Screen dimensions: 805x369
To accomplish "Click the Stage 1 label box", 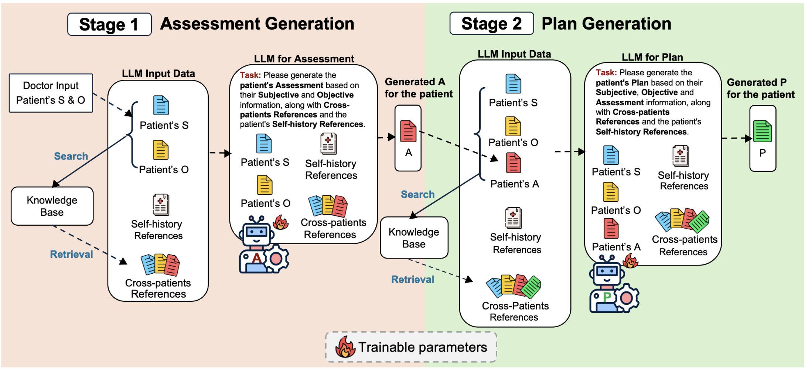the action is [x=109, y=24].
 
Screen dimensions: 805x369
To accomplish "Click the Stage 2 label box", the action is [x=491, y=24].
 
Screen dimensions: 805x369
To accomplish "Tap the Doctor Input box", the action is [x=51, y=93].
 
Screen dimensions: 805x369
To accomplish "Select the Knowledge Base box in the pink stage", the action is [x=52, y=206].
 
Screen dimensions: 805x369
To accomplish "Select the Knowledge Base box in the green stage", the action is [x=414, y=238].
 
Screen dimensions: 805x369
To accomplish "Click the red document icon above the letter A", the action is [x=408, y=131].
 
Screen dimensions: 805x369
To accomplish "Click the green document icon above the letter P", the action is [x=763, y=131].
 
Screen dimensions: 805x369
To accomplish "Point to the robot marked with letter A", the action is [x=263, y=245].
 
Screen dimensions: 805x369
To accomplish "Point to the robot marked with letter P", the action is [x=614, y=284].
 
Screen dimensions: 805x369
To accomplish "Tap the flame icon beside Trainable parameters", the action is [x=345, y=347].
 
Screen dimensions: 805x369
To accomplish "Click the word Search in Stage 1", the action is [x=71, y=156].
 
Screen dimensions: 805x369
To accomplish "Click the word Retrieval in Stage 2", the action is [x=413, y=280].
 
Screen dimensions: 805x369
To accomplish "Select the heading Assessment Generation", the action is [x=257, y=24].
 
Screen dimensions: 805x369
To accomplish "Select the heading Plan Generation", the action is [x=606, y=24].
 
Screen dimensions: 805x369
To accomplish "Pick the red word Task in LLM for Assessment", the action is [x=250, y=75].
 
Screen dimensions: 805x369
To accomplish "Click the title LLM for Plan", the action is [x=652, y=57].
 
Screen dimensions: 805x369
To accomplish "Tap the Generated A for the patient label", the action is [x=419, y=88].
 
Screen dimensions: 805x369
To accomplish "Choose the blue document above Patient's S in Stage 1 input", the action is [x=161, y=105].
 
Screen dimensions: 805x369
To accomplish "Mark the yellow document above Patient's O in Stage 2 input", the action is [x=513, y=126].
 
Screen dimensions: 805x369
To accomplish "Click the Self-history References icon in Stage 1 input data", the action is [x=161, y=205].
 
